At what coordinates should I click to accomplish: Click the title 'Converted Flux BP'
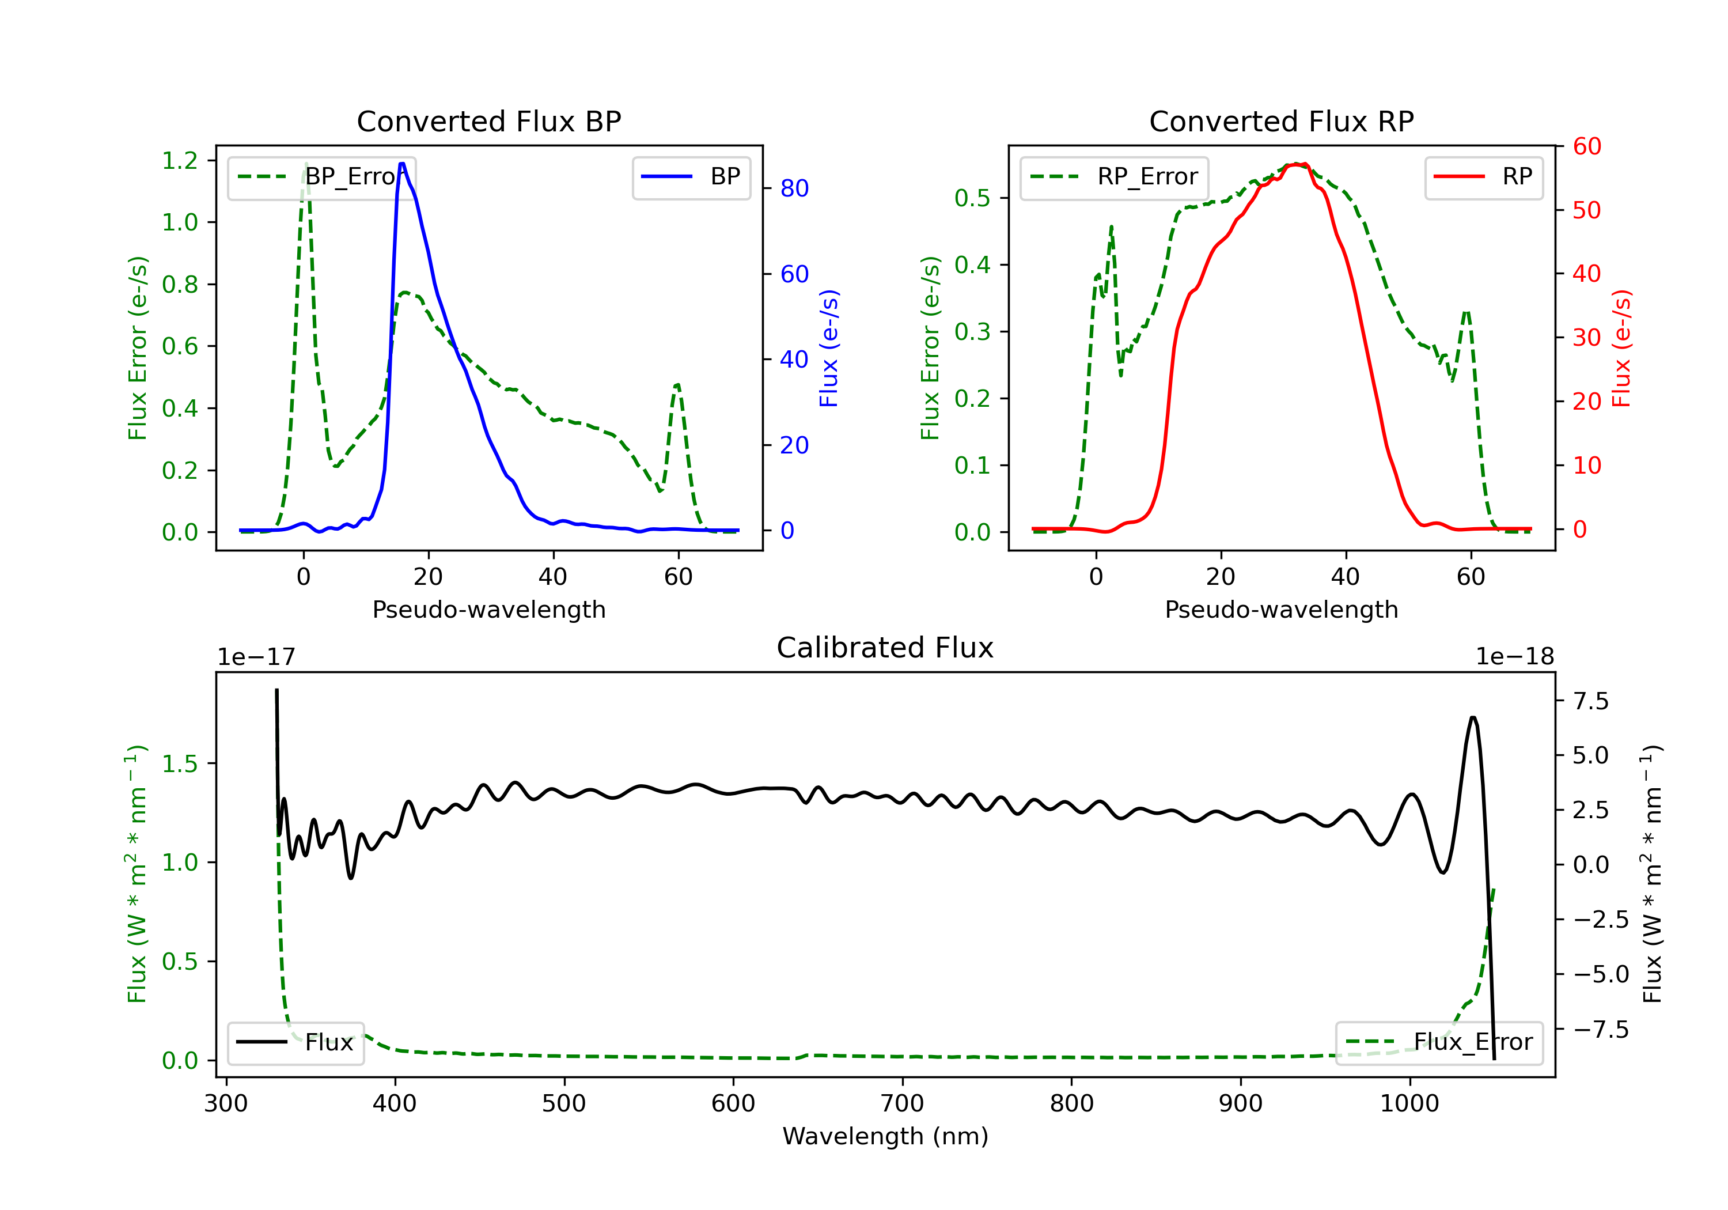tap(488, 121)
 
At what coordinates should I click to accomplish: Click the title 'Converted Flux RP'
tap(1281, 121)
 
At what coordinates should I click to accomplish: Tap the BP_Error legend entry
tap(321, 177)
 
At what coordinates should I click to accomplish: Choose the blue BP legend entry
tap(691, 177)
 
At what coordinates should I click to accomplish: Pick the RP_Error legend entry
tap(1114, 177)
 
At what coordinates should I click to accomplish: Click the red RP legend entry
tap(1483, 177)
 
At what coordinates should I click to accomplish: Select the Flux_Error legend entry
tap(1439, 1042)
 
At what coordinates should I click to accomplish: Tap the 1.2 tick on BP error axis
tap(180, 160)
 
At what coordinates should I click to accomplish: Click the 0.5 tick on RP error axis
tap(972, 198)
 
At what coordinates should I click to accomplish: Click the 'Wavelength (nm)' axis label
tap(885, 1136)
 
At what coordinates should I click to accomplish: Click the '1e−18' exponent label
tap(1514, 657)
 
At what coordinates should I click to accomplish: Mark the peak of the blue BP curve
tap(402, 164)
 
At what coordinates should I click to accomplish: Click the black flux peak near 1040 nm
tap(1473, 717)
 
